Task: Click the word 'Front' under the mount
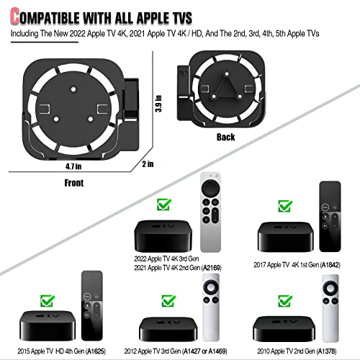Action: pos(74,183)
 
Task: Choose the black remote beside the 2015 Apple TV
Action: pos(92,303)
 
